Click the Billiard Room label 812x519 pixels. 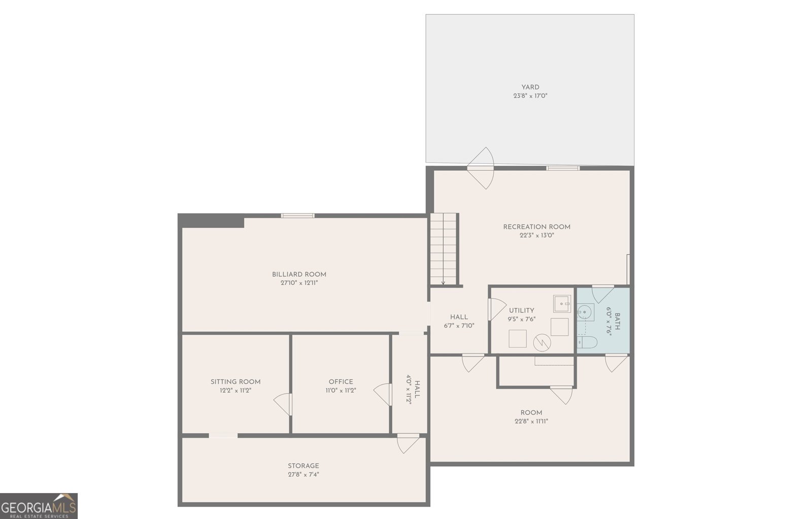[x=299, y=274]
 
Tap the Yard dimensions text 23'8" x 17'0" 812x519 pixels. [x=530, y=95]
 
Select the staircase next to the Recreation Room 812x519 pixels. [x=444, y=249]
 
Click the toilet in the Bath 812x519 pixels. [x=588, y=342]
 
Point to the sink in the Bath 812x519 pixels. [x=585, y=310]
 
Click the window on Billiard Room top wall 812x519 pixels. [x=298, y=216]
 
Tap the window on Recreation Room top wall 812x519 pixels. [x=562, y=168]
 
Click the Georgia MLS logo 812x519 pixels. [x=39, y=506]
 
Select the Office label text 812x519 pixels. [x=341, y=381]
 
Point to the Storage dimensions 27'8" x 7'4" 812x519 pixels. [x=303, y=474]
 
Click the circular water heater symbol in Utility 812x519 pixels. [x=543, y=342]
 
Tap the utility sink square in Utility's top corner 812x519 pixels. [x=562, y=303]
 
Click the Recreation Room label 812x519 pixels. [x=536, y=226]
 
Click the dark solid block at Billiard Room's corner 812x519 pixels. [x=212, y=221]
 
